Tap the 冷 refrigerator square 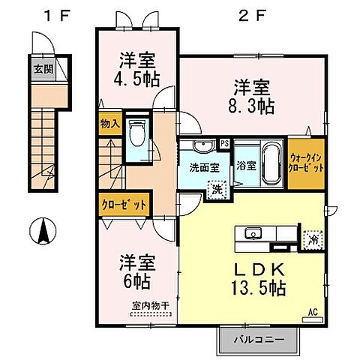tap(312, 238)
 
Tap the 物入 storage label tap(109, 124)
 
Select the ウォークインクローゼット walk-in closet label tap(307, 163)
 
